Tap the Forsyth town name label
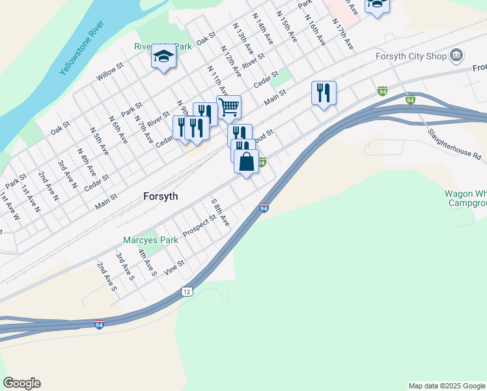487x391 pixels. coord(160,195)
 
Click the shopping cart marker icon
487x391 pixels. coord(229,106)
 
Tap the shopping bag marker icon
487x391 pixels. coord(247,161)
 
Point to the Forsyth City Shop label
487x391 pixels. coord(411,56)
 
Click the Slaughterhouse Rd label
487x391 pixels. coord(454,145)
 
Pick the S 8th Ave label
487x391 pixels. coord(220,212)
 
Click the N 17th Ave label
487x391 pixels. coord(342,35)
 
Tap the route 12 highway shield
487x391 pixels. coord(188,291)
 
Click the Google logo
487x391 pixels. coord(21,383)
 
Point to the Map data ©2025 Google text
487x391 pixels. coord(446,386)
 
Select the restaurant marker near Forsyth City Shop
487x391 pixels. coord(324,93)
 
